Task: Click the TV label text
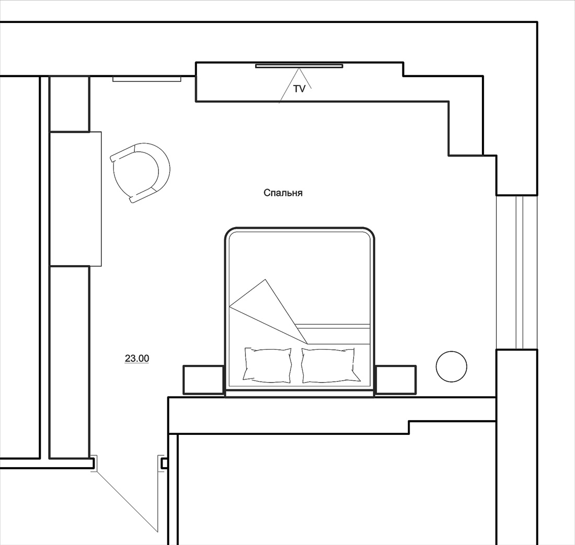coord(299,89)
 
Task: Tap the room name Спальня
coord(283,193)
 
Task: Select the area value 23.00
coord(137,358)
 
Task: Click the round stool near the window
coord(452,366)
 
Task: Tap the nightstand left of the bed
coord(203,380)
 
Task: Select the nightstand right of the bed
coord(396,380)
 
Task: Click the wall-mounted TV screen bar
coord(299,66)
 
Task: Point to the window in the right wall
coord(516,272)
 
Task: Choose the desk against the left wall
coord(75,198)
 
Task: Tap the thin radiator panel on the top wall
coord(147,79)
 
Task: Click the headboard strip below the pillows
coord(299,394)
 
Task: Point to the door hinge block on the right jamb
coord(165,464)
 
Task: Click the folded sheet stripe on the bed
coord(333,326)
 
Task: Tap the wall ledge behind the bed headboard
coord(332,414)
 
